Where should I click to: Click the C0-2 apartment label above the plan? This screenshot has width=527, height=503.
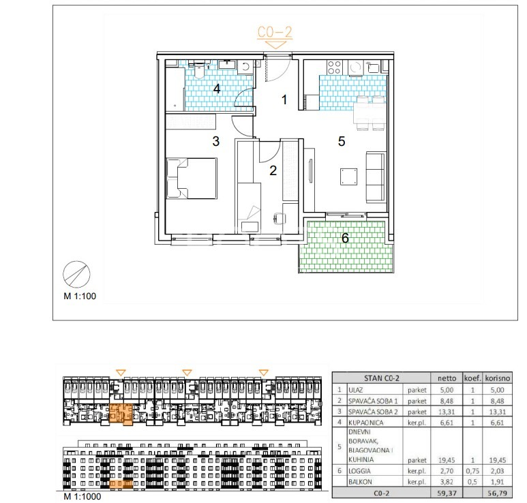275,32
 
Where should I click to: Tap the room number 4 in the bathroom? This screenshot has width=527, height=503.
217,89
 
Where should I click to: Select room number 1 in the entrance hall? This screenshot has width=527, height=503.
284,100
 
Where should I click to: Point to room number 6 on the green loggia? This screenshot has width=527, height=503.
345,238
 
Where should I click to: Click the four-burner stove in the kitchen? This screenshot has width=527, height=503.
334,67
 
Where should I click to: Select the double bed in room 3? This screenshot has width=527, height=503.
192,179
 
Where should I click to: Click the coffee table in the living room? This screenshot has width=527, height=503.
348,177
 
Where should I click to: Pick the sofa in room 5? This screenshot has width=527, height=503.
375,177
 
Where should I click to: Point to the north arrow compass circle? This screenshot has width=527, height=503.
76,275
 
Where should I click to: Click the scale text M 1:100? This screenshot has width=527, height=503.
80,296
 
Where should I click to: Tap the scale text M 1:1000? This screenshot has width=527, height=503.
82,496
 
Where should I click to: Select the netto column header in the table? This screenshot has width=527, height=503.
447,378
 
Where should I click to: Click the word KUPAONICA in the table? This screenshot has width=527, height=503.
365,423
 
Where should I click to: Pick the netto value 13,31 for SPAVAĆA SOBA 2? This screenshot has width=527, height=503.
447,412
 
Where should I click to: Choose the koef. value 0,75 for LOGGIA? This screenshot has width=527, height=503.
472,471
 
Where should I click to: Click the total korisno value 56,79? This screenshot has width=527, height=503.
498,493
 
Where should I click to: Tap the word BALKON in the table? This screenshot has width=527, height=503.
360,482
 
